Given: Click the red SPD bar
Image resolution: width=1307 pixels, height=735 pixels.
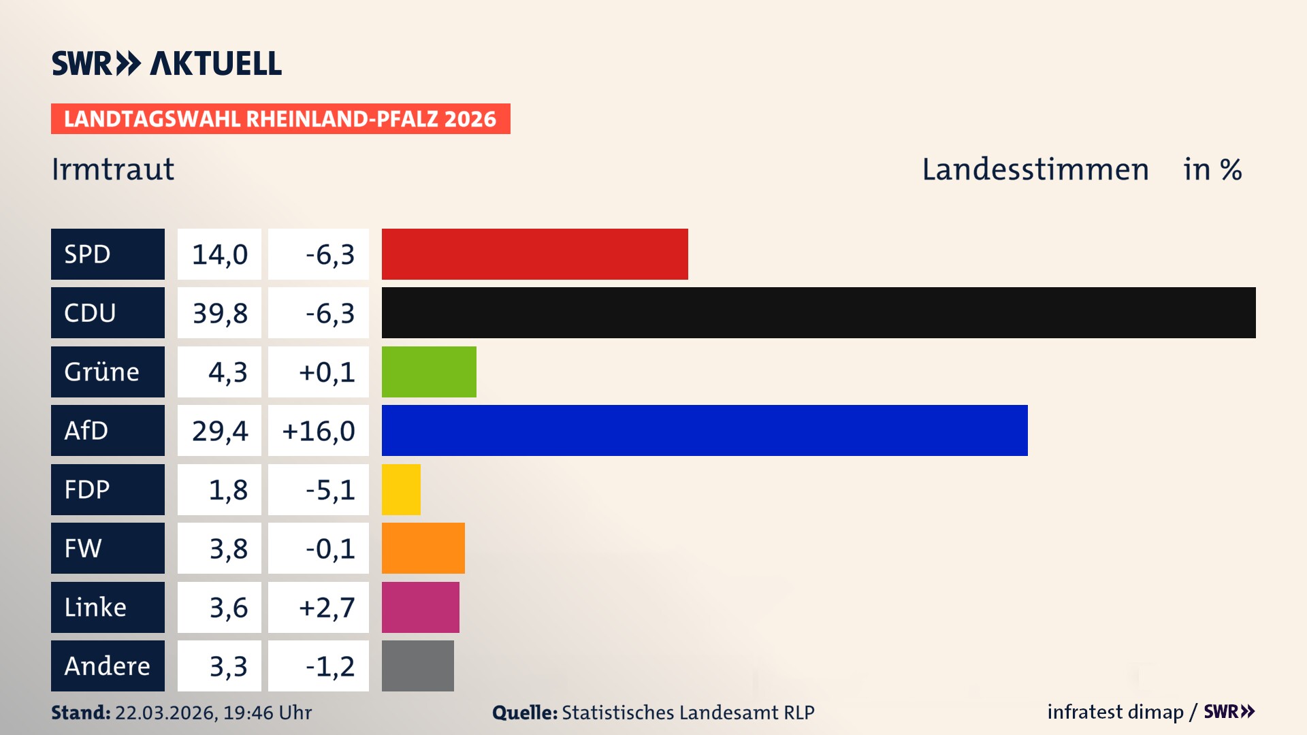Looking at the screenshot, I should (534, 254).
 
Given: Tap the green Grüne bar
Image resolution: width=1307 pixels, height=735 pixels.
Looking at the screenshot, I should (429, 372).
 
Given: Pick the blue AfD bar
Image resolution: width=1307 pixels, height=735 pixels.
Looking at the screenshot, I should (705, 430).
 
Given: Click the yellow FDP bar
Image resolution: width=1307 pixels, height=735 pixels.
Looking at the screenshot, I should (401, 489).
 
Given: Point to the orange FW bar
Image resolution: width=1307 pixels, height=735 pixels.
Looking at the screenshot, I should (423, 548).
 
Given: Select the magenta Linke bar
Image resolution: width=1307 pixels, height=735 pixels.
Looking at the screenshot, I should (420, 607).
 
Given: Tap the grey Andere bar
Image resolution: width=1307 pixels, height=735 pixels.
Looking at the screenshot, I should (417, 666).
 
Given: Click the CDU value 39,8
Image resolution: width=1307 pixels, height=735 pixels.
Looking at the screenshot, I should (219, 313).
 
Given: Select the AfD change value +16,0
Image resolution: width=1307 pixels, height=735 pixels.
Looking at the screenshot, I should (319, 431).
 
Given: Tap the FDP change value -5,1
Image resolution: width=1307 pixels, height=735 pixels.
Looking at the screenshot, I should (329, 490).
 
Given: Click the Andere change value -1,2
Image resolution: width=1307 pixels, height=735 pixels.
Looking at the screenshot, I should (329, 666).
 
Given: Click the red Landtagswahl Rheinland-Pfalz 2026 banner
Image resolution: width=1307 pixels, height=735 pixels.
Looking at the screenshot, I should (280, 118).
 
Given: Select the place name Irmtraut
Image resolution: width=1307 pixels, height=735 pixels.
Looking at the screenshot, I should (113, 169).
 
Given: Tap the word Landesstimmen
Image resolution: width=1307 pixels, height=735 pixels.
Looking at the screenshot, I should (1035, 169).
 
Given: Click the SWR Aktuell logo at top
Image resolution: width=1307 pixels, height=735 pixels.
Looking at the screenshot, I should (167, 63).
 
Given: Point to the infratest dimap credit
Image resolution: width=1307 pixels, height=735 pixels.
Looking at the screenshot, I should (1115, 712).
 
